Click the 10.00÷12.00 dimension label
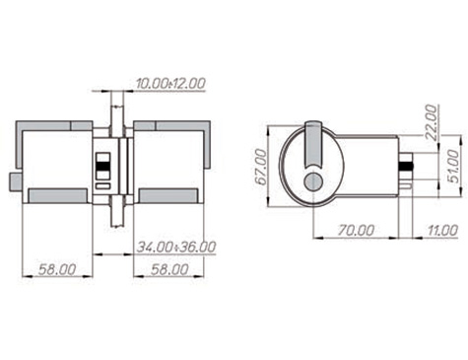170,83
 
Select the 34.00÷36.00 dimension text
176,247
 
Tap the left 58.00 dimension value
57,269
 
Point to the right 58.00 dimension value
169,269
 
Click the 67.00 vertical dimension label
261,167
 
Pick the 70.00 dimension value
356,231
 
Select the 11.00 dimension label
442,231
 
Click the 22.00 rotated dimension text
432,122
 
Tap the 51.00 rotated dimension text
453,166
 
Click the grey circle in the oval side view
313,181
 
